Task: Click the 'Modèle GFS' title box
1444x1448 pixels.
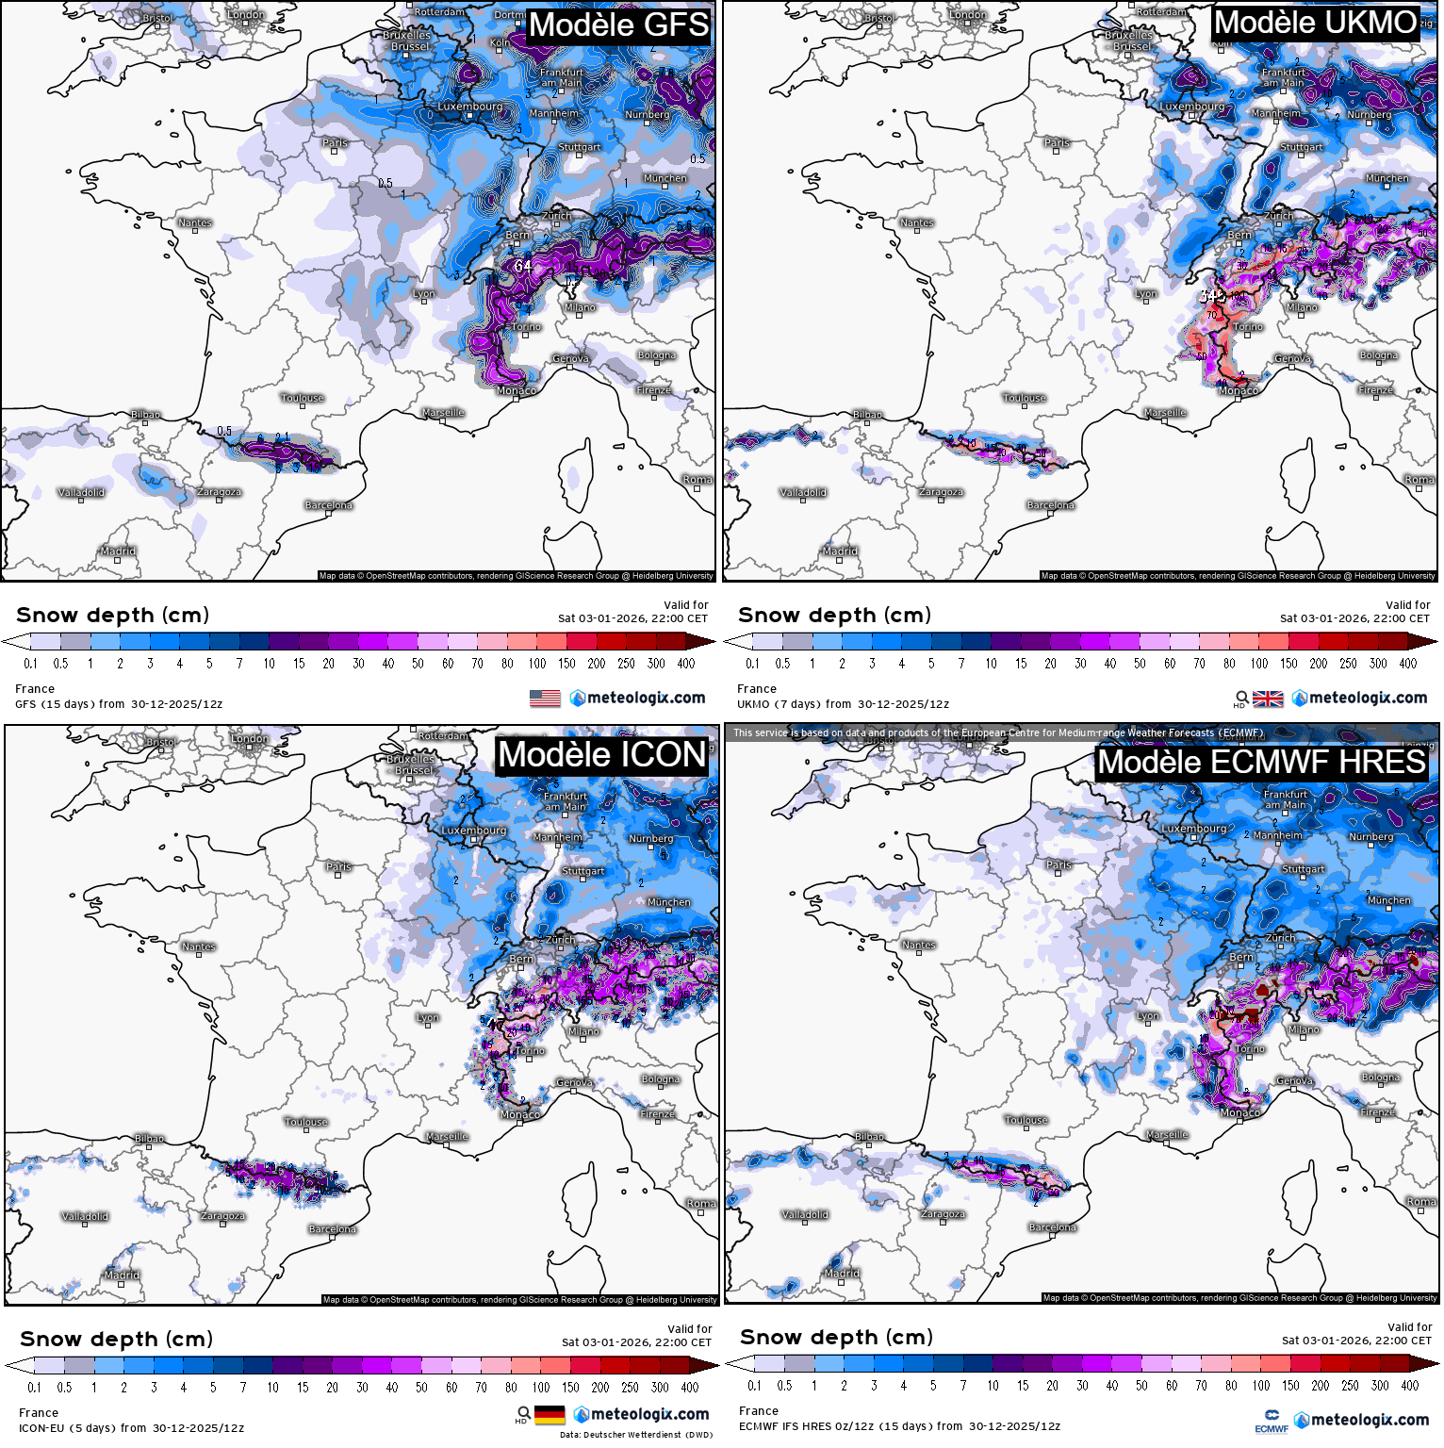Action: pos(618,25)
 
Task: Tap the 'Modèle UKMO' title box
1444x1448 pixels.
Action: pos(1315,23)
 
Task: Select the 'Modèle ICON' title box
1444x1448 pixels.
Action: pos(601,755)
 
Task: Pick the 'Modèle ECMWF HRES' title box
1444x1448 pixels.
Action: pos(1261,762)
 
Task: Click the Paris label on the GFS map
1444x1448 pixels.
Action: pos(335,143)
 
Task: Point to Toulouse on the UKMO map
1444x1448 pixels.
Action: pos(1025,398)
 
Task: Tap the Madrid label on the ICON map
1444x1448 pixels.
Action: pos(122,1275)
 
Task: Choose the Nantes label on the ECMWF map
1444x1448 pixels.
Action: pos(918,945)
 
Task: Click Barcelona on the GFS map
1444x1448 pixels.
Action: pos(328,505)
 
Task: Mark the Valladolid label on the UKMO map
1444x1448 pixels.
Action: pos(803,492)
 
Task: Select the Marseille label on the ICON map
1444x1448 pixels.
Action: pos(447,1136)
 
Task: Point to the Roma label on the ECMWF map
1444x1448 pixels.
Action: pos(1420,1201)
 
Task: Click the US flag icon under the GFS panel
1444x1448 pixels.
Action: pos(545,699)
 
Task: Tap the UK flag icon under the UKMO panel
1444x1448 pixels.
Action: pos(1268,699)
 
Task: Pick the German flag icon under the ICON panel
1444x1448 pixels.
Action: pos(550,1415)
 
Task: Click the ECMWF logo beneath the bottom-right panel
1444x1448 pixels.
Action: pos(1272,1420)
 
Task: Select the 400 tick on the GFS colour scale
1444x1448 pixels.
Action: pos(686,664)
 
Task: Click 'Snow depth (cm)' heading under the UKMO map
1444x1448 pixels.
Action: pos(834,616)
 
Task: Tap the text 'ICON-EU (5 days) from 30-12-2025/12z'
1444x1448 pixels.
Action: pos(132,1428)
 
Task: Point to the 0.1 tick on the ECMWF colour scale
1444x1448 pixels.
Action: pos(754,1386)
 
